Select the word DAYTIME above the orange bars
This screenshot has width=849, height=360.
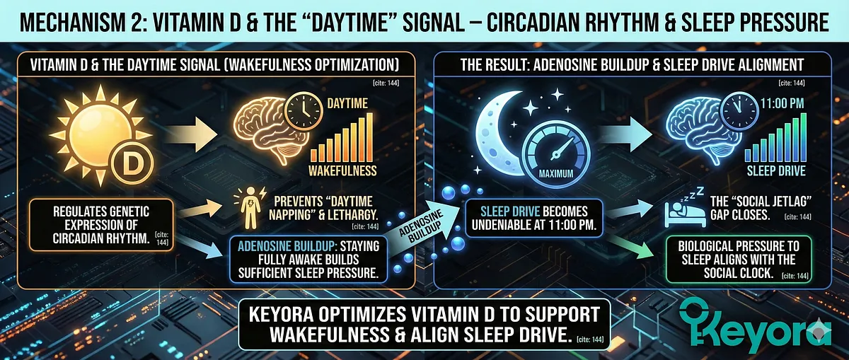(347, 104)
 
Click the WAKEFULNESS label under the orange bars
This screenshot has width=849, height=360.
(342, 170)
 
